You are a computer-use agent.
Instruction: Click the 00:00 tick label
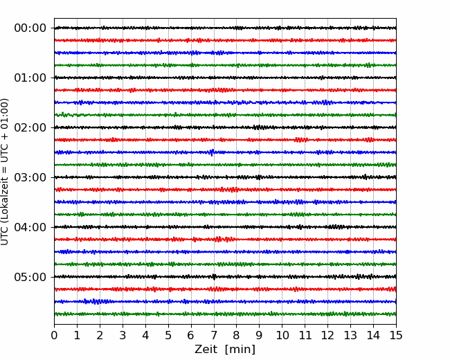pyautogui.click(x=30, y=28)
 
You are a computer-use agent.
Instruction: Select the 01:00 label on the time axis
pyautogui.click(x=30, y=78)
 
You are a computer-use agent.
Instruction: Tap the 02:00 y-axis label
pyautogui.click(x=30, y=127)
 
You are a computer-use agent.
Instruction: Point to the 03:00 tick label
pyautogui.click(x=30, y=177)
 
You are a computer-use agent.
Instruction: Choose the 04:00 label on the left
pyautogui.click(x=30, y=227)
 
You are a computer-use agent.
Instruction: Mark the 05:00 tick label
pyautogui.click(x=30, y=277)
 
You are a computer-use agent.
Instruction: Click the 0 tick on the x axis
pyautogui.click(x=54, y=335)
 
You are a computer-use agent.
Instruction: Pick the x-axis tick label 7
pyautogui.click(x=213, y=335)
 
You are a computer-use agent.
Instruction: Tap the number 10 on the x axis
pyautogui.click(x=282, y=335)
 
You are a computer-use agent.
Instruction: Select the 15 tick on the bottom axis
pyautogui.click(x=396, y=335)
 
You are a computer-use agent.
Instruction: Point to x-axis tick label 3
pyautogui.click(x=123, y=335)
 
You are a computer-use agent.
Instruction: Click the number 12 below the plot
pyautogui.click(x=327, y=335)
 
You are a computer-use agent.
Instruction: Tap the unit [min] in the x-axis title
pyautogui.click(x=240, y=350)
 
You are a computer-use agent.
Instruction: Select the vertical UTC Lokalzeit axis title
pyautogui.click(x=5, y=172)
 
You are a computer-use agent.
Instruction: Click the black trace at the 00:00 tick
pyautogui.click(x=225, y=28)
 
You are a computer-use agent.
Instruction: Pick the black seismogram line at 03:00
pyautogui.click(x=225, y=177)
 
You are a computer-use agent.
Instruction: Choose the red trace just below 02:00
pyautogui.click(x=225, y=140)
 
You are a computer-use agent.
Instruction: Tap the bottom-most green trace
pyautogui.click(x=225, y=314)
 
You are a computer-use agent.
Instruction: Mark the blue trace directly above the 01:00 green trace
pyautogui.click(x=225, y=102)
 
